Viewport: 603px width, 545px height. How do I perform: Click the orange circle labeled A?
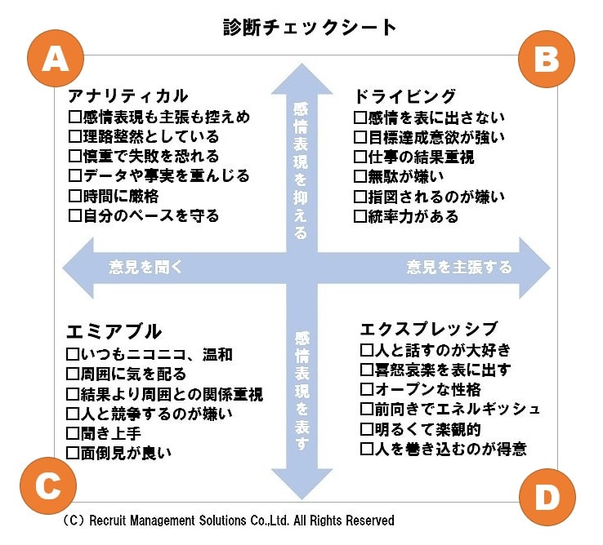(x=56, y=59)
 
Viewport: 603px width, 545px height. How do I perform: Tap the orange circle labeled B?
(x=547, y=59)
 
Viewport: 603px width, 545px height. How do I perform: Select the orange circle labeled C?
(x=47, y=487)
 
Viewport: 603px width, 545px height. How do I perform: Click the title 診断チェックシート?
(x=310, y=27)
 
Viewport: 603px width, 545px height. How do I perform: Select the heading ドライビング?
(x=404, y=95)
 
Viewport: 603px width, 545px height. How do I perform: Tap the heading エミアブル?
(x=114, y=331)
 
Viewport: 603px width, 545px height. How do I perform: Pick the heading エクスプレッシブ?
(x=429, y=328)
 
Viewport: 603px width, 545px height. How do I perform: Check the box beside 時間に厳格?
(x=75, y=197)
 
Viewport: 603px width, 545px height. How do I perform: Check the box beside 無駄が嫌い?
(x=360, y=176)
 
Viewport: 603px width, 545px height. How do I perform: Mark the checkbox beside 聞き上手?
(x=74, y=432)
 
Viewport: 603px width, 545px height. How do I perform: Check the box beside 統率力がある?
(x=360, y=217)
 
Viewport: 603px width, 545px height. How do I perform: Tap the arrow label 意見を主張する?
(x=459, y=267)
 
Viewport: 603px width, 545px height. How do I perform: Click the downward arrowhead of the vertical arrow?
(x=301, y=481)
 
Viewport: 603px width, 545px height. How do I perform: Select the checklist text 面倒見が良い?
(x=126, y=452)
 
